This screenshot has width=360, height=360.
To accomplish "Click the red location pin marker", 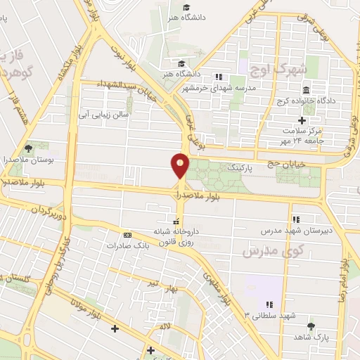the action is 180,166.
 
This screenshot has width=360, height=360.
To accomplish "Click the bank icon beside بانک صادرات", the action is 127,235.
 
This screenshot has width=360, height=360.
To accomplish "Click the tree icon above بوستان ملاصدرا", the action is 29,148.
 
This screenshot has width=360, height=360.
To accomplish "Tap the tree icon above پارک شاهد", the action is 311,326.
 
